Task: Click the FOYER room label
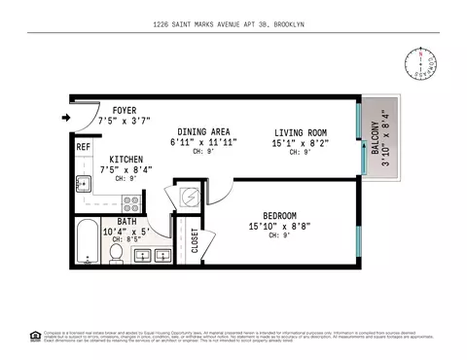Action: point(125,110)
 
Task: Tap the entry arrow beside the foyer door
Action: point(65,119)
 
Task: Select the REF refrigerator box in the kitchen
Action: point(84,148)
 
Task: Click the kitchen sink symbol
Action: point(83,181)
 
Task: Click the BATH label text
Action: point(127,221)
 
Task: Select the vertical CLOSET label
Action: point(195,240)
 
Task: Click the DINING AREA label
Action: point(202,131)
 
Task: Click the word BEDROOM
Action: point(279,215)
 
